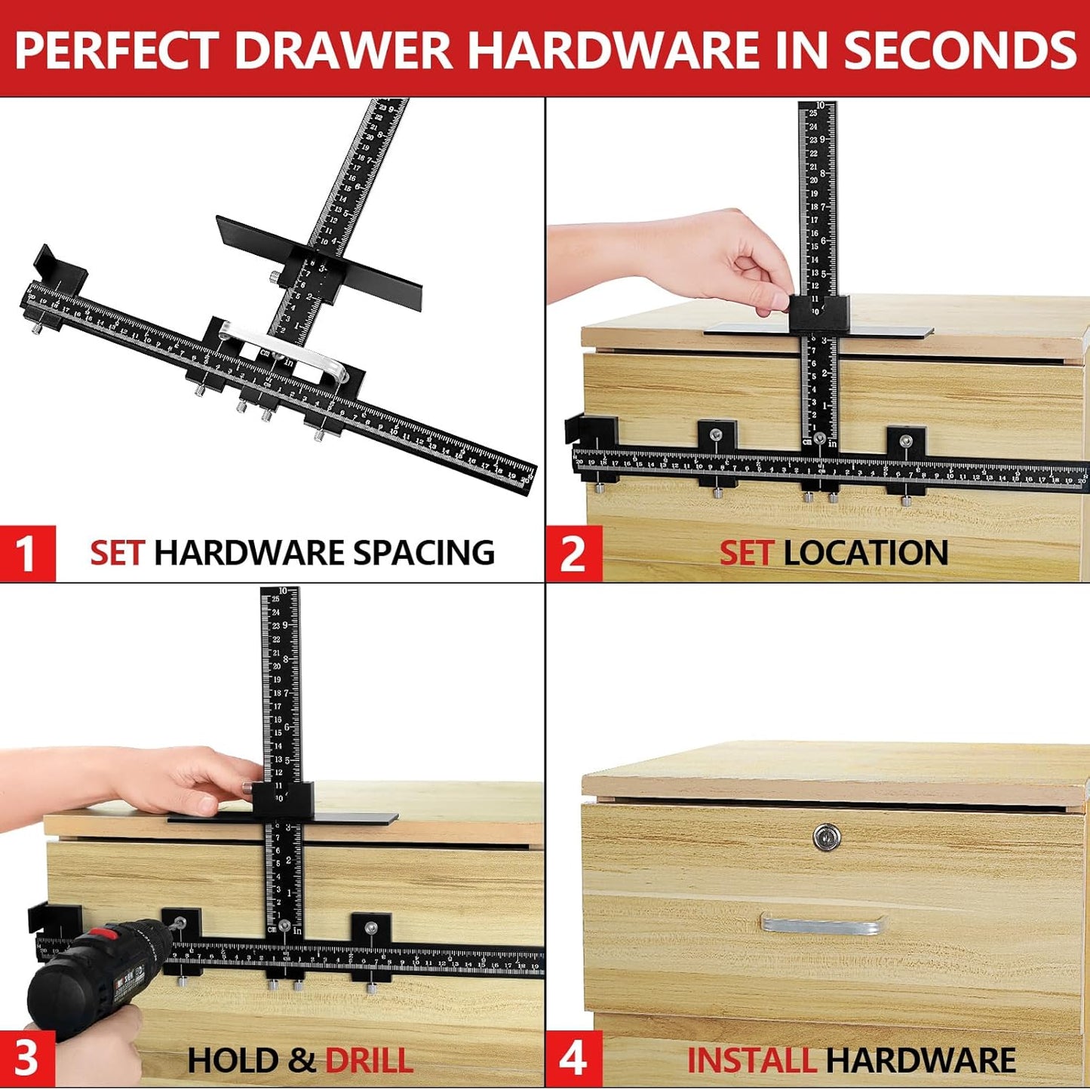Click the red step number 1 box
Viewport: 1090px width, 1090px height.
[x=27, y=553]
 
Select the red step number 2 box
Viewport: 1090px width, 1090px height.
[x=573, y=553]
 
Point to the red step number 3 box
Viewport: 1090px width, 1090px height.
[x=27, y=1058]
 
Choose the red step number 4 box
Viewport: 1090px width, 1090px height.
[x=573, y=1058]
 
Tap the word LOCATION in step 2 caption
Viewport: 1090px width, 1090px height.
[x=866, y=553]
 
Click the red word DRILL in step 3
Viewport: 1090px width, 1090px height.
[x=369, y=1061]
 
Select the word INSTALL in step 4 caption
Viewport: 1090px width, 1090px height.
[x=751, y=1061]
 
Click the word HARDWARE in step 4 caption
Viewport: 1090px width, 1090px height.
[x=921, y=1061]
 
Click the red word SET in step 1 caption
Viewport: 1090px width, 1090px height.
[x=116, y=553]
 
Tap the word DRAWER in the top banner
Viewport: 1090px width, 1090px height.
[x=343, y=51]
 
